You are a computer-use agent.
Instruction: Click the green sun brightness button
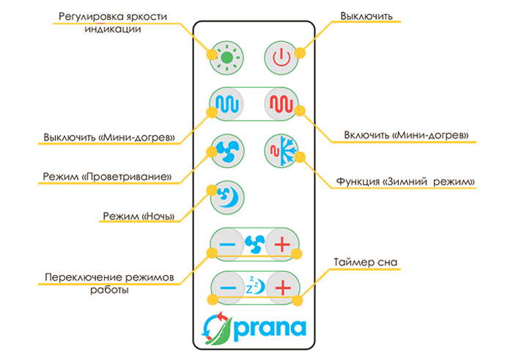(x=226, y=56)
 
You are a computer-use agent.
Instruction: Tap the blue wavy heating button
(x=226, y=103)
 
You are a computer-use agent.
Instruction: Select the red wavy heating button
(x=280, y=103)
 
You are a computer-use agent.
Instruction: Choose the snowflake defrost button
(x=280, y=150)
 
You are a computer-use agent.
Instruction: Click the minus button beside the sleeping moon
(x=227, y=287)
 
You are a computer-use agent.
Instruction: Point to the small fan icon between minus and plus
(x=255, y=242)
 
